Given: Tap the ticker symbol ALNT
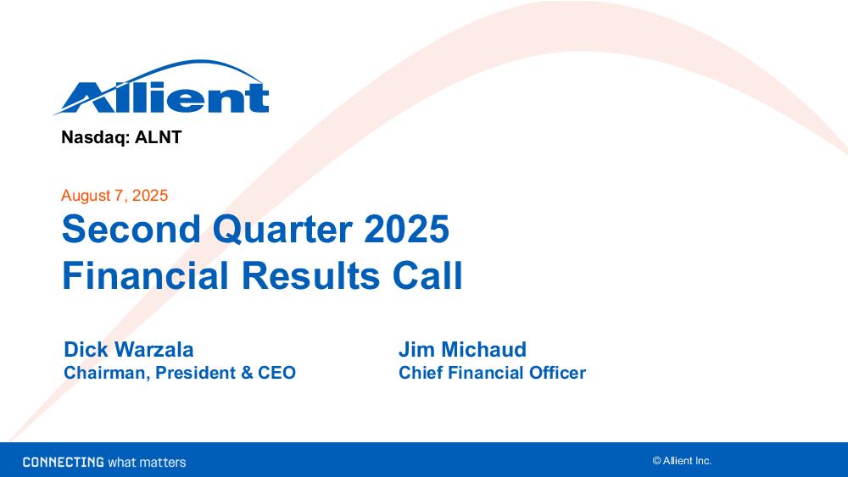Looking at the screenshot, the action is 158,137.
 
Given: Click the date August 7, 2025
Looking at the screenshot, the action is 114,196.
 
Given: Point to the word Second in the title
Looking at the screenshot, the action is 131,229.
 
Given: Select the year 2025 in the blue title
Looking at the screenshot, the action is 407,229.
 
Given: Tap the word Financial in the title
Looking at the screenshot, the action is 146,275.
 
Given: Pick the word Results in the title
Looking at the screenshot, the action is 310,275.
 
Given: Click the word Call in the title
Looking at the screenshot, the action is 427,275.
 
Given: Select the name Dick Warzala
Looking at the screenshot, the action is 129,350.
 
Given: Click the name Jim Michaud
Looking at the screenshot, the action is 462,350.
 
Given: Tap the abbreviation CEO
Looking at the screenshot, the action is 277,373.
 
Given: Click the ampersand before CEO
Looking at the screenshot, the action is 247,373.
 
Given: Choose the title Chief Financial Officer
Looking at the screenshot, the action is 492,373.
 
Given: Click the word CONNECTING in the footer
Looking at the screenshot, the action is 64,462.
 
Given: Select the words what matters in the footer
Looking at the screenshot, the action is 147,463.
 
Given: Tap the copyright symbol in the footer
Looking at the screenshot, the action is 656,461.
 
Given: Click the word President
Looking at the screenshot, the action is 196,373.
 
